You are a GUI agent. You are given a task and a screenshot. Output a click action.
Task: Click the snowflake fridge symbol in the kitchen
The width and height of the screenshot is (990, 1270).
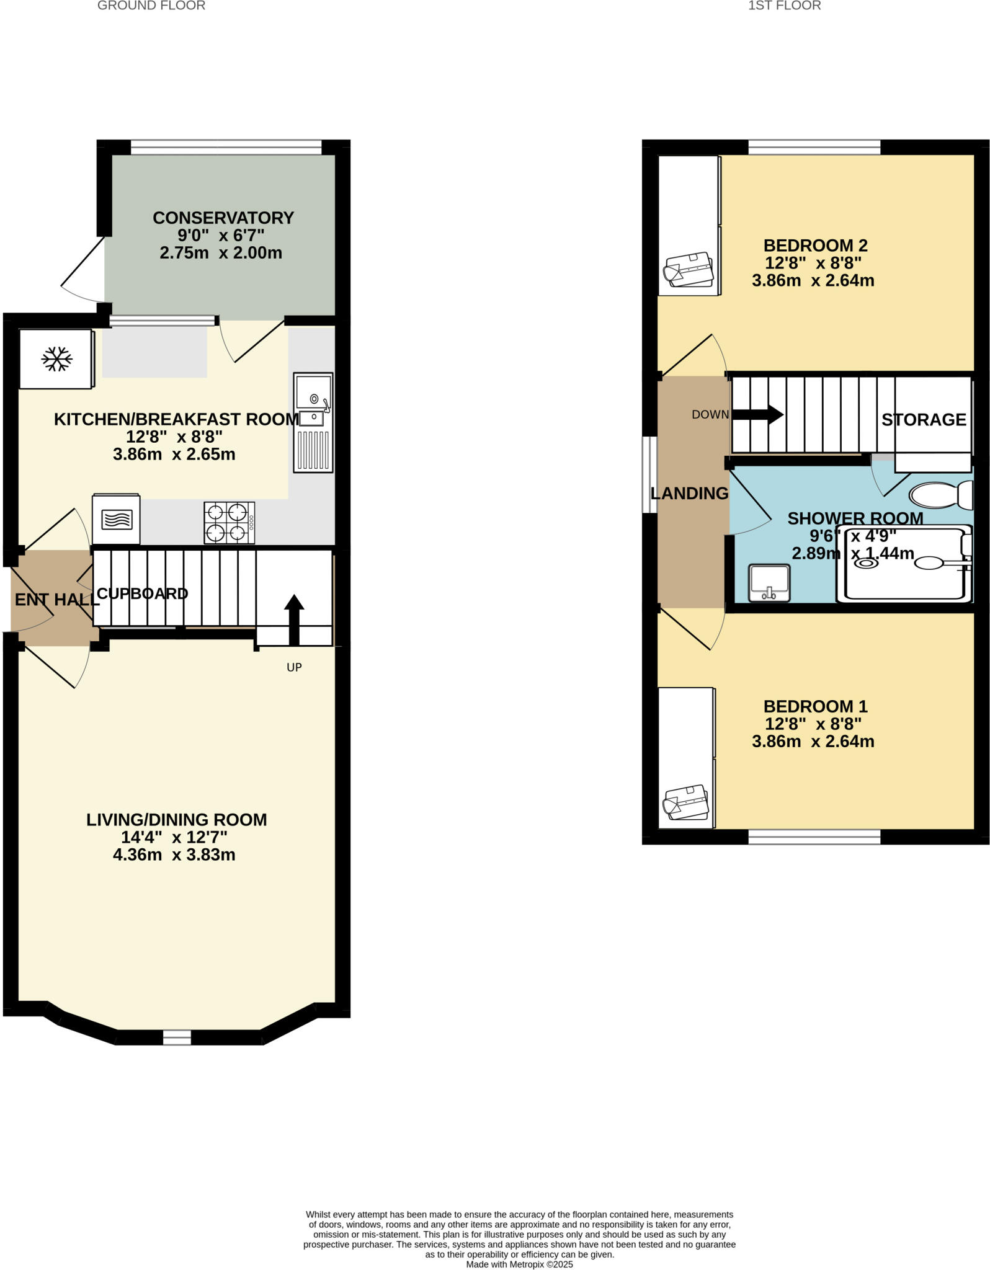(56, 359)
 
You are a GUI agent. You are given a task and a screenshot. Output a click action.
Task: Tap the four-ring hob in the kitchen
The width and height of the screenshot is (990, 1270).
(229, 523)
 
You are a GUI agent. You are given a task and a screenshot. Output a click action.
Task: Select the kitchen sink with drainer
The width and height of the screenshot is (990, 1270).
(313, 422)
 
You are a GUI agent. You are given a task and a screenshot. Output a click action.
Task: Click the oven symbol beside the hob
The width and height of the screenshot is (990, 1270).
(116, 519)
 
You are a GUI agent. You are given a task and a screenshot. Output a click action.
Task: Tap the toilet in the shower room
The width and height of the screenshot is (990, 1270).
(940, 495)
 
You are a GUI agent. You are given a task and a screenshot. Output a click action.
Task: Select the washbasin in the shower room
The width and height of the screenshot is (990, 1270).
(769, 582)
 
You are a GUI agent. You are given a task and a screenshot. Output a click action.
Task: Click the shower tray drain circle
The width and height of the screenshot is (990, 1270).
(866, 564)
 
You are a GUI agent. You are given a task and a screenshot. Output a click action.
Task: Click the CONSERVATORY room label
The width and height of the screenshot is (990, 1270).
(223, 218)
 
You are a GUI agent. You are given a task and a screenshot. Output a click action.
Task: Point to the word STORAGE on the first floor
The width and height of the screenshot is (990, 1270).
(924, 420)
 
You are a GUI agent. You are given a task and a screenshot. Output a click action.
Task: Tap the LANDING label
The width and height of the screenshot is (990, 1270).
(689, 494)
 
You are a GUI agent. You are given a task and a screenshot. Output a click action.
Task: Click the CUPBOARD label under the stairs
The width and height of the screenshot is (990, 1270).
(142, 593)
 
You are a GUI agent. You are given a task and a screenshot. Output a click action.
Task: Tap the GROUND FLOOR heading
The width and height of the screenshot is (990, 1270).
(151, 6)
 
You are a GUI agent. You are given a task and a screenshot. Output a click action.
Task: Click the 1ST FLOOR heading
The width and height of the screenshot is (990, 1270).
(784, 6)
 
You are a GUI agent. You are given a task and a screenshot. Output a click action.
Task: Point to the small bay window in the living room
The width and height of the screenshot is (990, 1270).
(177, 1037)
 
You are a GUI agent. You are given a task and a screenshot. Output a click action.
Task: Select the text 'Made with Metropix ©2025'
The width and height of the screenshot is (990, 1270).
(519, 1264)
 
